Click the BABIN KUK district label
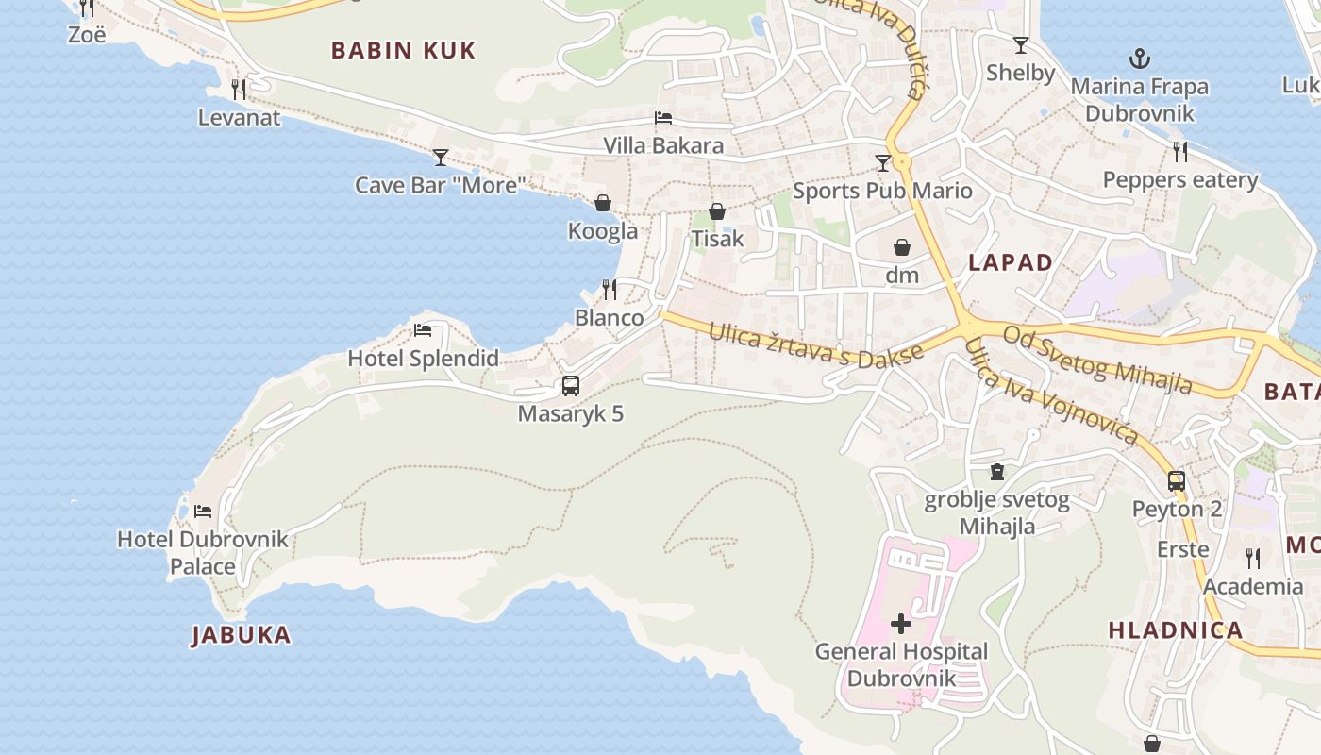[x=403, y=50]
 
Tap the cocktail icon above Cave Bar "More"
[x=441, y=157]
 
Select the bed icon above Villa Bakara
[x=663, y=118]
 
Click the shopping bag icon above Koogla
[x=603, y=203]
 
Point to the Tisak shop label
[x=717, y=239]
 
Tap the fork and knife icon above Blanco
[x=610, y=289]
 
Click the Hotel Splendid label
[x=423, y=359]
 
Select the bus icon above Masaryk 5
[x=571, y=385]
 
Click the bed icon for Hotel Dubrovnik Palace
[x=203, y=512]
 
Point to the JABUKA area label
[x=242, y=635]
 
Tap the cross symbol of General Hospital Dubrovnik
[x=901, y=623]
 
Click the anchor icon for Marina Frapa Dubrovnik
[x=1139, y=59]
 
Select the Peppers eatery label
[x=1180, y=180]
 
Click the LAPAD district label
[x=1011, y=263]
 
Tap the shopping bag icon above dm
[x=902, y=247]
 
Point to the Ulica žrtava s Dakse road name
[x=815, y=345]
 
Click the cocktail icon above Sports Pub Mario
[x=883, y=163]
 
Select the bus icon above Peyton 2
[x=1177, y=480]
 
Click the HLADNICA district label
[x=1175, y=631]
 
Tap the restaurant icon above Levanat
[x=239, y=90]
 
